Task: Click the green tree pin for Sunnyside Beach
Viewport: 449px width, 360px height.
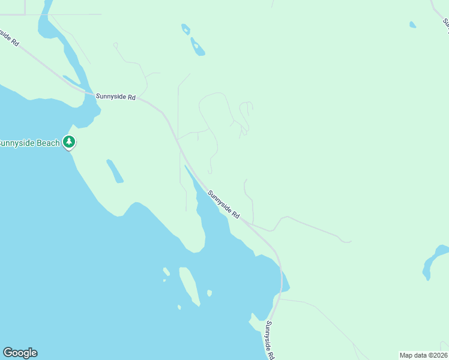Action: point(70,142)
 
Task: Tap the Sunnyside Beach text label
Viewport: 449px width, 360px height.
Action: point(29,143)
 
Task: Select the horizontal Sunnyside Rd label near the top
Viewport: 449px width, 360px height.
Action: point(115,97)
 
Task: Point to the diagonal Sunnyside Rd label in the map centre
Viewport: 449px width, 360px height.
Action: point(224,204)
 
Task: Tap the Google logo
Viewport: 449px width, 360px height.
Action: point(20,353)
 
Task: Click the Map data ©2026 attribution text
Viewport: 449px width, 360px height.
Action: point(423,355)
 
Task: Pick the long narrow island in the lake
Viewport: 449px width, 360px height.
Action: point(190,286)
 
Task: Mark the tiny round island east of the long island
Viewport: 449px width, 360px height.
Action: point(209,293)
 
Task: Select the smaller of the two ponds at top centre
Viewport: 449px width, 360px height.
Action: point(186,28)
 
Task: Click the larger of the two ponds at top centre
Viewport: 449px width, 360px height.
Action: point(197,47)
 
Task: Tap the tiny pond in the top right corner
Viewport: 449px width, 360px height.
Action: point(412,25)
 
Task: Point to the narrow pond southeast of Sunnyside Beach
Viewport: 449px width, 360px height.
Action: point(115,171)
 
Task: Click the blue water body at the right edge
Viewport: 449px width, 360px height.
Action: point(433,260)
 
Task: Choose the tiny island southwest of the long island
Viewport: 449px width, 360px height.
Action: point(179,307)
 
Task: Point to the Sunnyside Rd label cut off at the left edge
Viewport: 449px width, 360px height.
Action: point(8,37)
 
